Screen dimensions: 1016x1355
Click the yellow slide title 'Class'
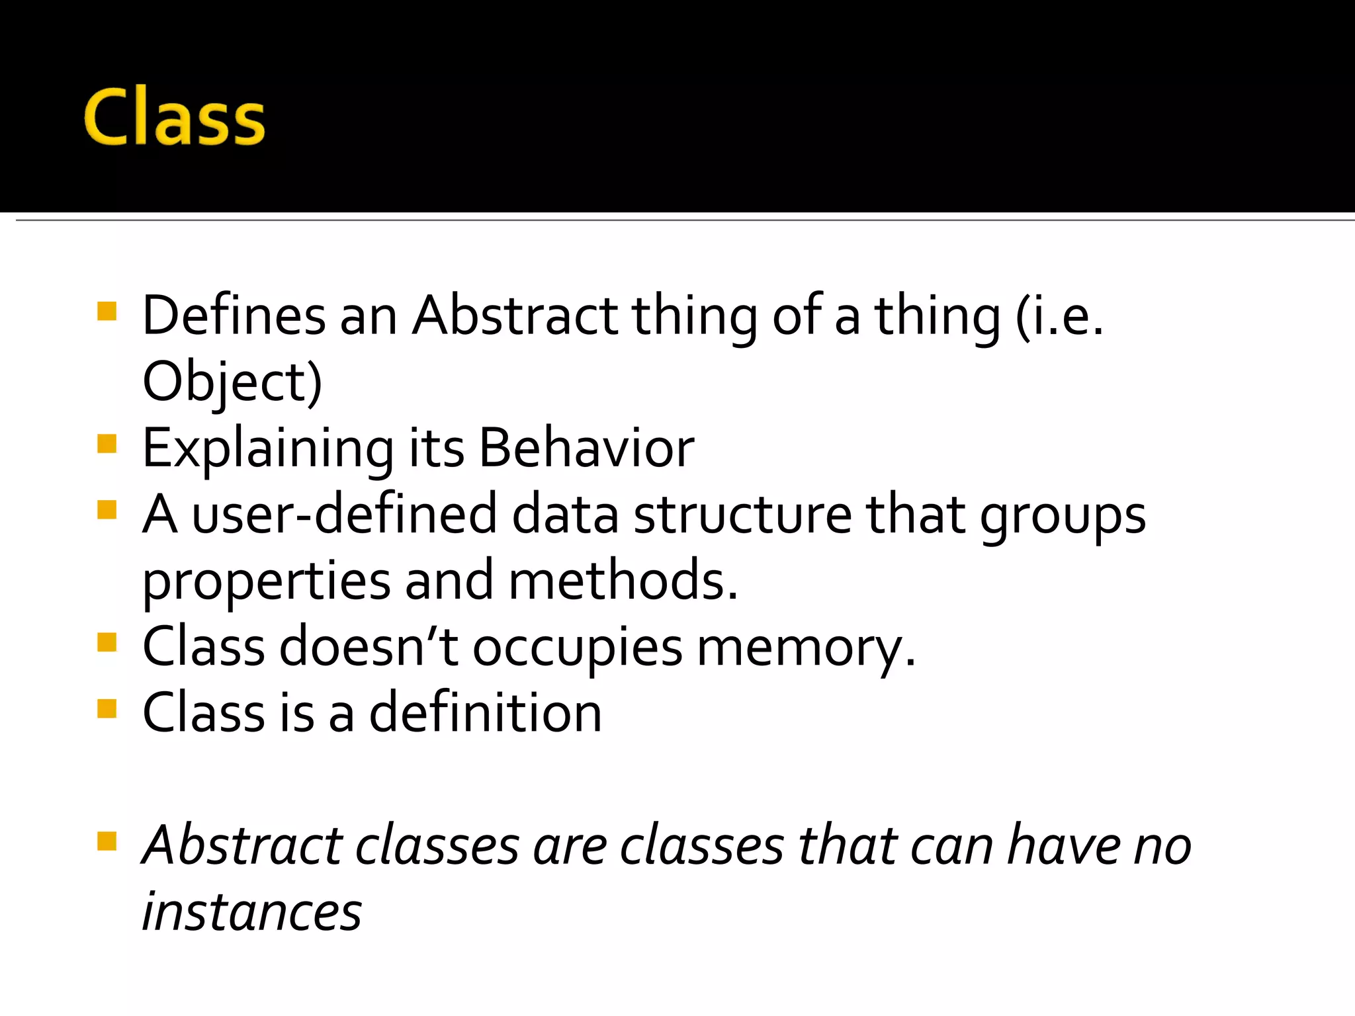[174, 117]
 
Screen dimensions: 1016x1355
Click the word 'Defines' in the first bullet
[234, 316]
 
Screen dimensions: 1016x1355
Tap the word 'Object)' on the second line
[232, 382]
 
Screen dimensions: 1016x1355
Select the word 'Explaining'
[268, 448]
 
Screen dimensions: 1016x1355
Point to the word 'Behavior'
[586, 448]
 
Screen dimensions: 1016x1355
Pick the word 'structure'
[742, 515]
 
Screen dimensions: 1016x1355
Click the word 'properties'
[267, 581]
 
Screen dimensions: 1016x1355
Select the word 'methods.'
[623, 580]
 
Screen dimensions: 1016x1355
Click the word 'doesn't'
[368, 646]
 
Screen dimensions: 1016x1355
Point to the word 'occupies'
[577, 648]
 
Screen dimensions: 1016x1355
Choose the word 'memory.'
[807, 648]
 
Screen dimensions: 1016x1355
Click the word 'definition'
[485, 712]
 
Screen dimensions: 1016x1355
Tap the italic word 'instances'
[252, 911]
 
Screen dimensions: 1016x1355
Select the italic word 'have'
[1063, 845]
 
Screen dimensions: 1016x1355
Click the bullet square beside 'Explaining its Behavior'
[107, 443]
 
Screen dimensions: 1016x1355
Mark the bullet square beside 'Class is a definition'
[107, 708]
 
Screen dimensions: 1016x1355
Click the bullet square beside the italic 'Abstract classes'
[107, 841]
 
